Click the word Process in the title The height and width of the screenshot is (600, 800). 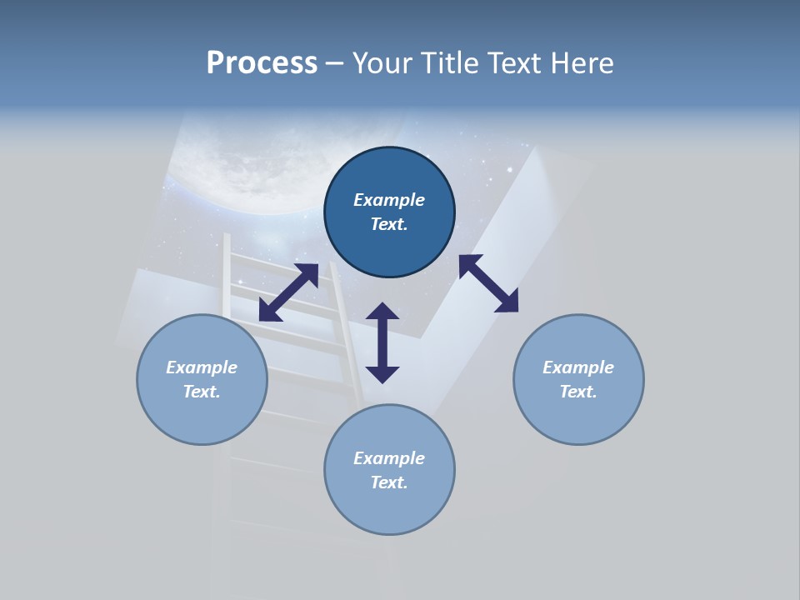tap(262, 63)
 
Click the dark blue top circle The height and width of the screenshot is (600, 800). tap(389, 212)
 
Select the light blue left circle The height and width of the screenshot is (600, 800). tap(202, 379)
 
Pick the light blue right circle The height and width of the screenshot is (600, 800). tap(578, 379)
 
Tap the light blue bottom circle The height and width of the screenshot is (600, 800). tap(389, 470)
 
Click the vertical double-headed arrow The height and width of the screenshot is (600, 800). tap(382, 342)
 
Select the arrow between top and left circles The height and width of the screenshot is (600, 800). tap(288, 292)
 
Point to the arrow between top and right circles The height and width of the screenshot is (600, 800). tap(488, 283)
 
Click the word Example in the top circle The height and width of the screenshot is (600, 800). tap(389, 200)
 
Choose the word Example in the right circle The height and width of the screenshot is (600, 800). tap(578, 367)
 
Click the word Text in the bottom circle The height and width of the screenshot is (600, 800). tap(387, 482)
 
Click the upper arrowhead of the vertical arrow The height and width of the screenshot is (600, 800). tap(382, 312)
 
